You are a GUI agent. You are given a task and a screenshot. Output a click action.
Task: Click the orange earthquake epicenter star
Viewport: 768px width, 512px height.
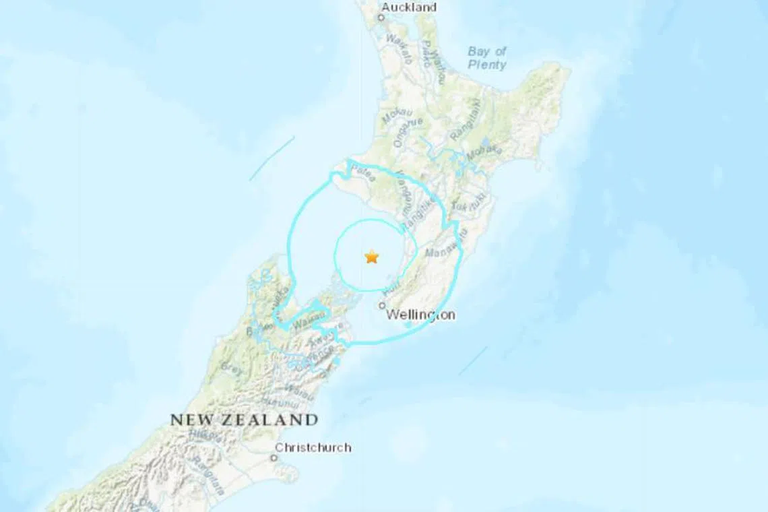pyautogui.click(x=371, y=257)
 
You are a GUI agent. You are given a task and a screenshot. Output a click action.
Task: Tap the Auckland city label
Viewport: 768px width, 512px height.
pyautogui.click(x=408, y=7)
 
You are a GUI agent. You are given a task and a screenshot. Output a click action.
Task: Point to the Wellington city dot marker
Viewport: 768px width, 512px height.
pyautogui.click(x=382, y=305)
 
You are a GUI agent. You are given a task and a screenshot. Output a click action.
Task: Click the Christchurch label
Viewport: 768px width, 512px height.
pyautogui.click(x=314, y=447)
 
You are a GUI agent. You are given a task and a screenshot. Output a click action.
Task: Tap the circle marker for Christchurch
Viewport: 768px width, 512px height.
pyautogui.click(x=274, y=458)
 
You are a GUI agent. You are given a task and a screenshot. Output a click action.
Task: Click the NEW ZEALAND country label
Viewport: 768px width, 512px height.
pyautogui.click(x=244, y=420)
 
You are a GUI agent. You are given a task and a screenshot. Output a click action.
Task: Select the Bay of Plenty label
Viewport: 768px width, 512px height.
pyautogui.click(x=487, y=58)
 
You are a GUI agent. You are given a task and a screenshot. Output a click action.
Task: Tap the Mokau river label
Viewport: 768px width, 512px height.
pyautogui.click(x=393, y=115)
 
